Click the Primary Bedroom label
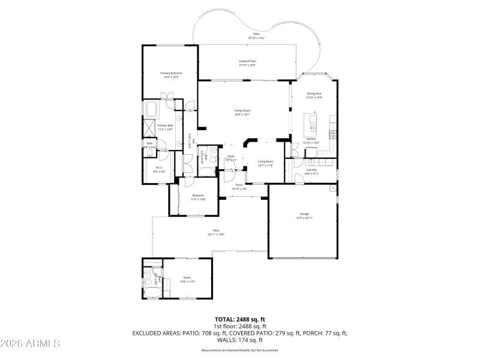171,73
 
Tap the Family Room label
242,110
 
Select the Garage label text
304,214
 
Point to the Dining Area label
314,94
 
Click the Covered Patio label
248,61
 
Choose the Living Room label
266,161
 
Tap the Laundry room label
311,170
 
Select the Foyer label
230,157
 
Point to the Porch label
239,185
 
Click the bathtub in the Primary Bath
151,110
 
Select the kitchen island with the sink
313,123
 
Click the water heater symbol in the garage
332,188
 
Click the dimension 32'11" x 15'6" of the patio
216,234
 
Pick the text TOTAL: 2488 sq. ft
240,319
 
